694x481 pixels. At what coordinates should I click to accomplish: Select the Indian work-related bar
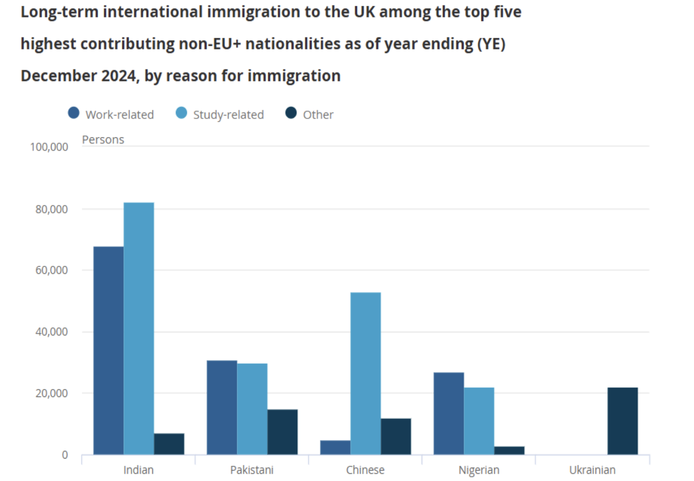coord(108,350)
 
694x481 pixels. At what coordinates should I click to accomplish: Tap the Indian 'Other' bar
coord(169,444)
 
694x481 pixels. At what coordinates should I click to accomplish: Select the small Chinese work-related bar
coord(335,447)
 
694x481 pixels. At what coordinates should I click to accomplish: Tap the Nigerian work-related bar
coord(448,413)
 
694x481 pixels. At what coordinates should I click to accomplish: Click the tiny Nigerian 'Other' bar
coord(509,450)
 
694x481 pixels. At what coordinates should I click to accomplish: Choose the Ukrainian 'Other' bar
coord(622,421)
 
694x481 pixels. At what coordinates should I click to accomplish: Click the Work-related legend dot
coord(74,113)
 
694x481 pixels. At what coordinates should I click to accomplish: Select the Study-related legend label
coord(228,115)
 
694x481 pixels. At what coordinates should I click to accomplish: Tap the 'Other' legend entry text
coord(318,115)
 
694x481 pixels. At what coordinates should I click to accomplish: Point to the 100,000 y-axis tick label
coord(49,147)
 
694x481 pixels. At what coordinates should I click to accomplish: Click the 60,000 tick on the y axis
coord(52,270)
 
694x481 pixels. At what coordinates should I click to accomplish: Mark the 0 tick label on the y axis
coord(65,455)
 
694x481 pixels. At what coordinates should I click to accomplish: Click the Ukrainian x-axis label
coord(592,470)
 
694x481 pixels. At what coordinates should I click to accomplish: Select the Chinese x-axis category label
coord(365,470)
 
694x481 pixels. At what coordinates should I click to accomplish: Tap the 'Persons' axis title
coord(103,140)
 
